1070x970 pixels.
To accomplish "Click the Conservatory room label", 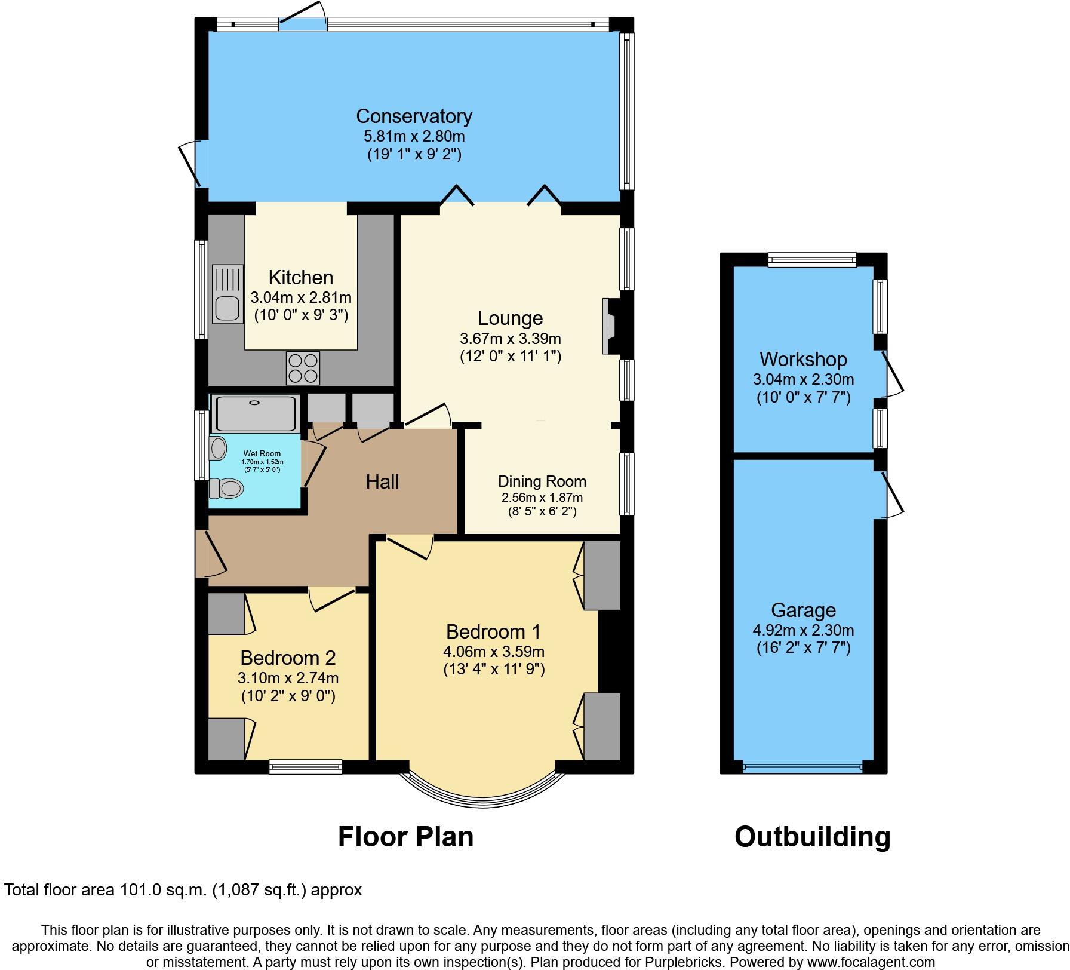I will pyautogui.click(x=414, y=116).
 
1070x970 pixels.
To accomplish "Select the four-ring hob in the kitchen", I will pyautogui.click(x=303, y=368).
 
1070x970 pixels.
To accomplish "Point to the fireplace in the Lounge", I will pyautogui.click(x=609, y=326).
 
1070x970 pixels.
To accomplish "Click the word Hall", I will pyautogui.click(x=382, y=482).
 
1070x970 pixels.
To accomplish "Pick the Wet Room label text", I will pyautogui.click(x=262, y=454).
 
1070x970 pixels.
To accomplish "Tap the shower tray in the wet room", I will pyautogui.click(x=256, y=413).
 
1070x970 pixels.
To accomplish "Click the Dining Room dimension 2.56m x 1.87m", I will pyautogui.click(x=542, y=498).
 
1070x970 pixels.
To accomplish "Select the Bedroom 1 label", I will pyautogui.click(x=493, y=631).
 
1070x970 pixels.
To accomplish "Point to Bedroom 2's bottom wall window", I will pyautogui.click(x=305, y=767).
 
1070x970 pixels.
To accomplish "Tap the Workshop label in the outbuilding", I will pyautogui.click(x=803, y=359).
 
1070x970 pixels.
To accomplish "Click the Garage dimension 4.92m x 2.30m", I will pyautogui.click(x=803, y=630).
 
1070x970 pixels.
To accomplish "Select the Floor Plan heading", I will pyautogui.click(x=405, y=837).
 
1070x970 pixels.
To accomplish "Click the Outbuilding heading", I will pyautogui.click(x=812, y=837).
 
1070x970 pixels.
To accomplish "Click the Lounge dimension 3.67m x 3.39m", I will pyautogui.click(x=510, y=339).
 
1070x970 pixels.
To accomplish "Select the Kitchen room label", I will pyautogui.click(x=300, y=277).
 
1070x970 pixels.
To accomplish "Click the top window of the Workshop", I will pyautogui.click(x=812, y=259).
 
